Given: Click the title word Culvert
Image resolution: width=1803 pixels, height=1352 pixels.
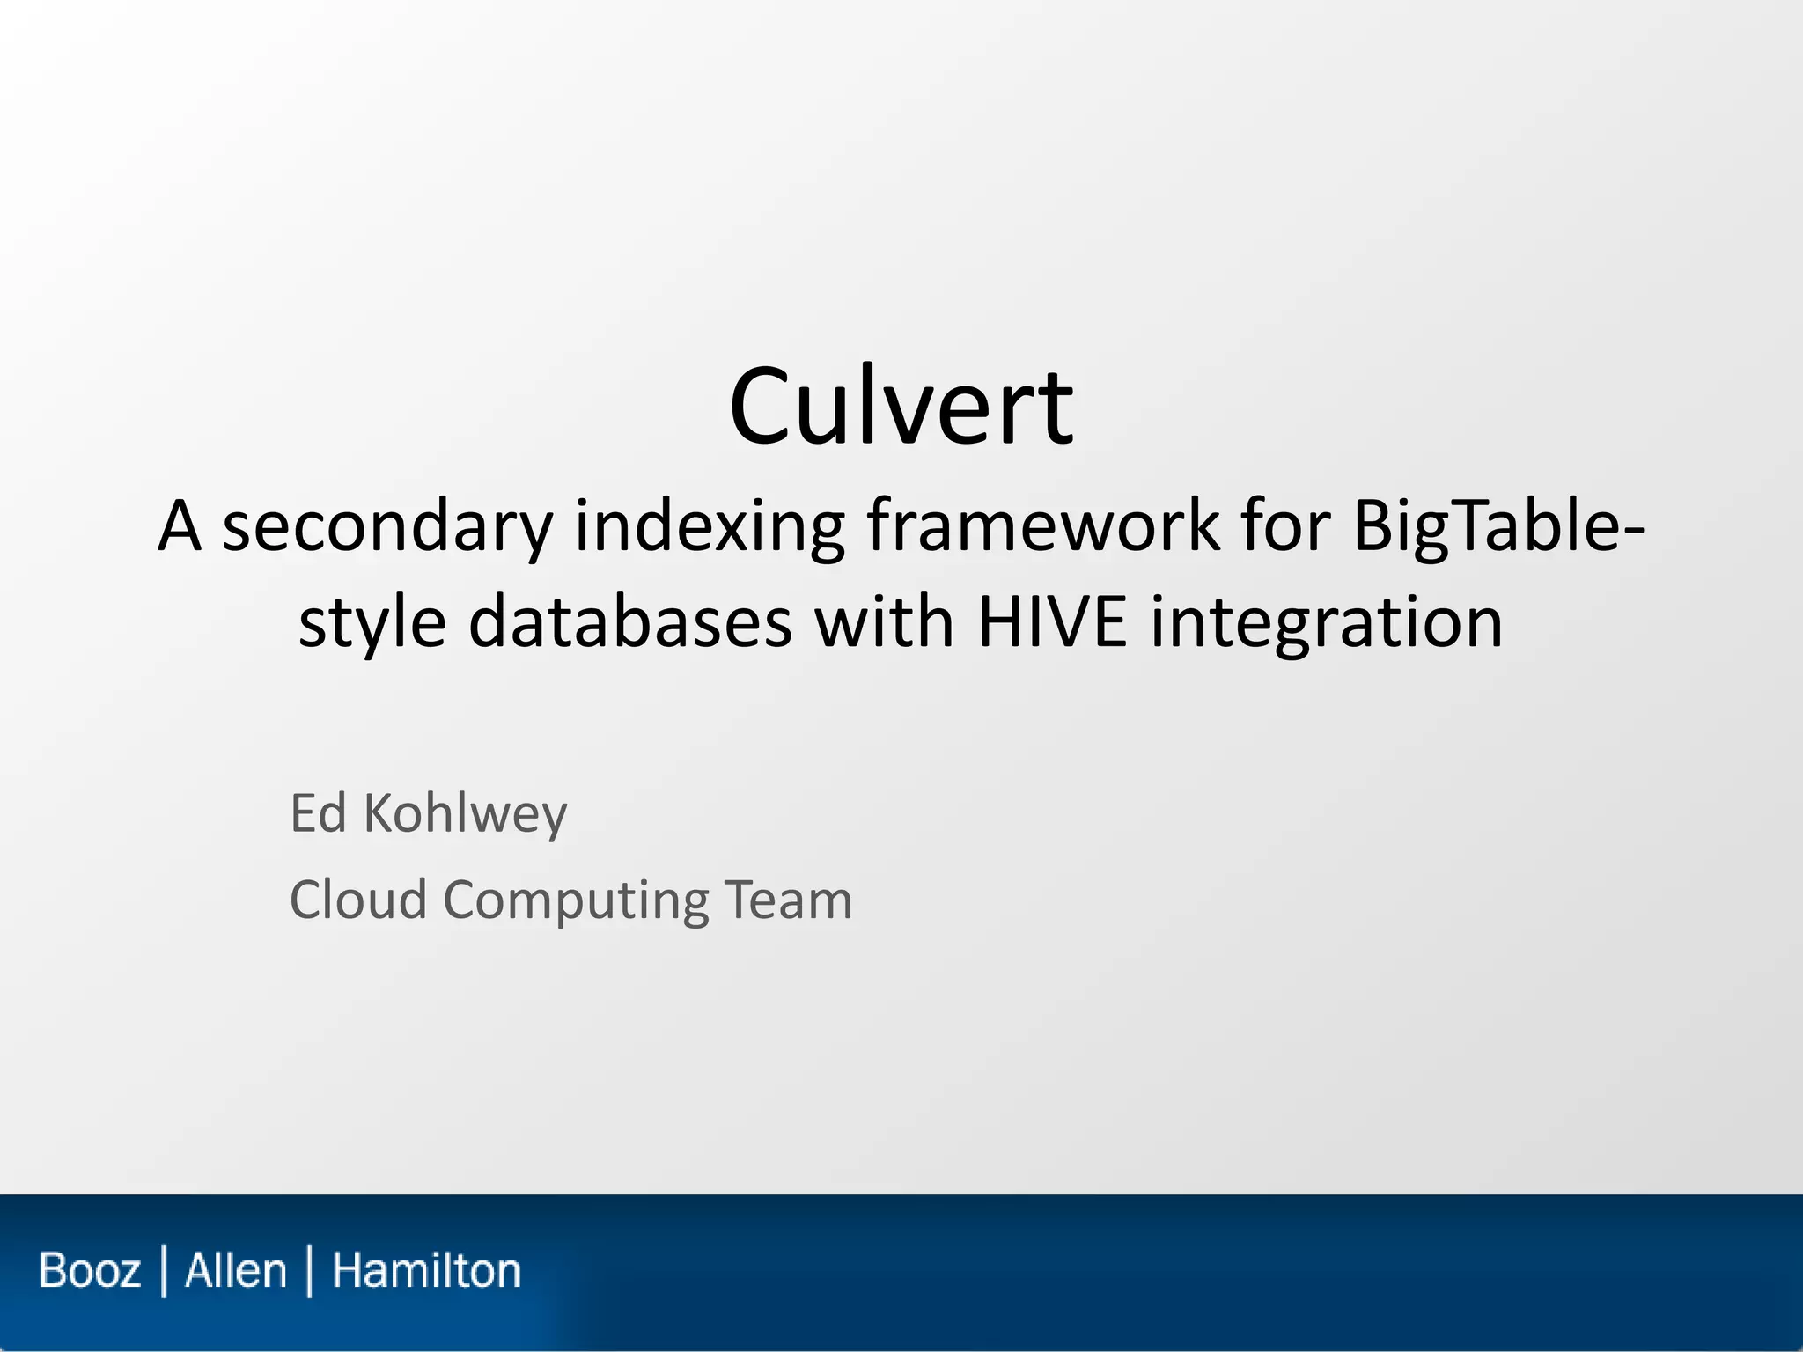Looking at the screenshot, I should click(x=901, y=407).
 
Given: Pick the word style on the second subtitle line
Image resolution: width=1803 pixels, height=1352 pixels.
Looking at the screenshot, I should click(x=372, y=623).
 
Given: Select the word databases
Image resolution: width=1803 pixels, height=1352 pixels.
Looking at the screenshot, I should click(x=630, y=621).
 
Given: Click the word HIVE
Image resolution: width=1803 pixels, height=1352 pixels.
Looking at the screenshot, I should click(x=1052, y=621).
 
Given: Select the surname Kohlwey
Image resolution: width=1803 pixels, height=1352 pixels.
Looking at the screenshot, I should click(x=466, y=814).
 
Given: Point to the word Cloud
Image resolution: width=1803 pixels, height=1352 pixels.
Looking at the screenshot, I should click(x=358, y=900).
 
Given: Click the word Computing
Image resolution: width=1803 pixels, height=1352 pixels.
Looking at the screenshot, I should click(x=576, y=901).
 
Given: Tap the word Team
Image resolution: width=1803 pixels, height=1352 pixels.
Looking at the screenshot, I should click(x=788, y=900).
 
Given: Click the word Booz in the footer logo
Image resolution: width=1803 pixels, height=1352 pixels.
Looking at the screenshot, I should click(x=90, y=1271).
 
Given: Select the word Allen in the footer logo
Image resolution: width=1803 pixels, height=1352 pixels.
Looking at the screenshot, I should click(x=236, y=1271).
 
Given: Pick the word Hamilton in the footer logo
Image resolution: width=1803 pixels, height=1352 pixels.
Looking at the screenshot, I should click(x=426, y=1271).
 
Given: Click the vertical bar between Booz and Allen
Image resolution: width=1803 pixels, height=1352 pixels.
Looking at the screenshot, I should click(x=164, y=1271).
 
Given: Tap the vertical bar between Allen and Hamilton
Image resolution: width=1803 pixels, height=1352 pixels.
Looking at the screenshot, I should click(x=309, y=1271).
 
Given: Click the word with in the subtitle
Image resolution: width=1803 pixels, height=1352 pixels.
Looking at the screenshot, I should click(x=884, y=621).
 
